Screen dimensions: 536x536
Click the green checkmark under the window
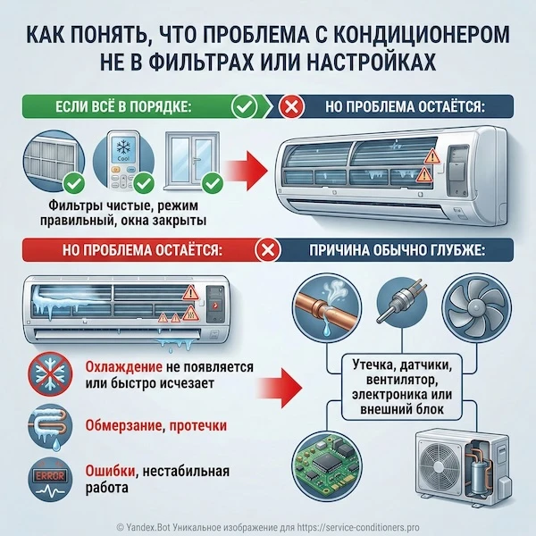click(x=213, y=185)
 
